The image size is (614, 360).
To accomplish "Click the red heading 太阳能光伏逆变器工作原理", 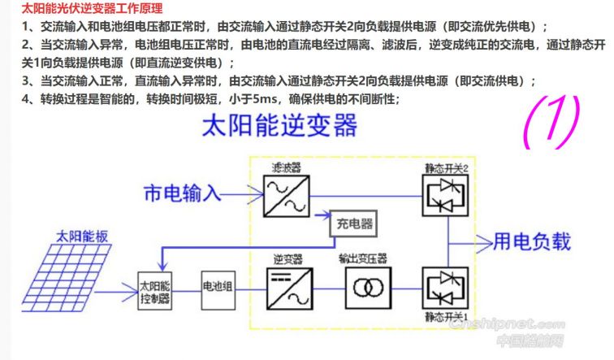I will click(x=81, y=10).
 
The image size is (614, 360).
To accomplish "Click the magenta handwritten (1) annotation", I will click(x=551, y=123).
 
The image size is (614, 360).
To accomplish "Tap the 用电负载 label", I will click(x=533, y=241).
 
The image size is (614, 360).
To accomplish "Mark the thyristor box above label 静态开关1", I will click(x=444, y=287).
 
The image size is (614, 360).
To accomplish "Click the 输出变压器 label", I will click(x=364, y=258).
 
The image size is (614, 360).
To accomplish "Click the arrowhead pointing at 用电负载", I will click(x=486, y=241).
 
